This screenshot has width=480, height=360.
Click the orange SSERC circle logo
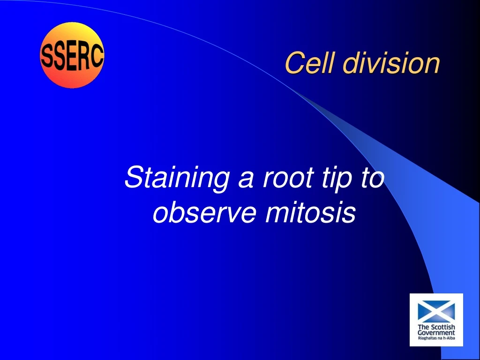(72, 55)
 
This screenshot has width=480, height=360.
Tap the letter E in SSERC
(71, 56)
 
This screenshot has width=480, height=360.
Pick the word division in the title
(386, 63)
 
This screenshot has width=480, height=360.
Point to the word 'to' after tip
(370, 178)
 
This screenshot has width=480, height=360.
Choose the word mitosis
(310, 213)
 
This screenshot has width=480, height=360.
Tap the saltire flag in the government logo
(436, 310)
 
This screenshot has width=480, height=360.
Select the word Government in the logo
(436, 333)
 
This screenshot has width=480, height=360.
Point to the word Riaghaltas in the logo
(427, 338)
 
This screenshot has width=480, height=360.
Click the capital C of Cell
(293, 63)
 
